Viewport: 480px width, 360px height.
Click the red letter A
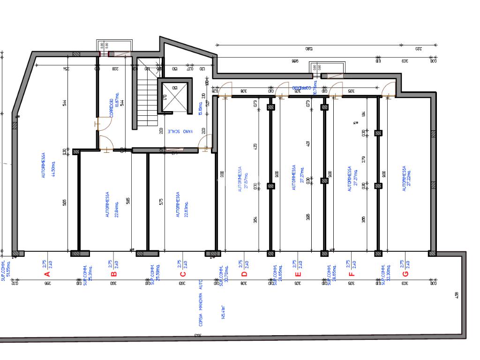coord(46,274)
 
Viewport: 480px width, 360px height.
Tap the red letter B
coord(113,274)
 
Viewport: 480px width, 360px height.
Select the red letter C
coord(183,274)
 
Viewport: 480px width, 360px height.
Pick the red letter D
coord(244,274)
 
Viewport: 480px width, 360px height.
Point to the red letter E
coord(297,274)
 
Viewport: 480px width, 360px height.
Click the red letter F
coord(352,274)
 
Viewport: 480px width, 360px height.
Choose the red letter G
coord(405,274)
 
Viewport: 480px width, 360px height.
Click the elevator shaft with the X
coord(174,97)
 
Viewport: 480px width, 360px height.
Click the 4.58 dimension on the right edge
coord(457,295)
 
